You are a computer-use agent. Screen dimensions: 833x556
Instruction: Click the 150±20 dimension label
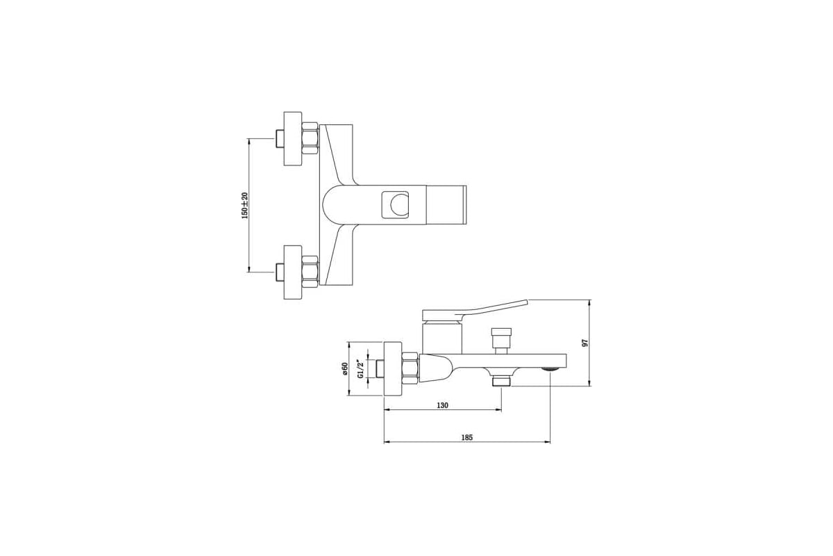tap(244, 206)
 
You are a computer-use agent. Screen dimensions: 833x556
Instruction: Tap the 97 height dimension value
tap(584, 343)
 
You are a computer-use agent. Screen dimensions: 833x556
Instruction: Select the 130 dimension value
tap(443, 405)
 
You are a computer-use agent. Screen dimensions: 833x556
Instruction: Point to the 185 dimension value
tap(466, 438)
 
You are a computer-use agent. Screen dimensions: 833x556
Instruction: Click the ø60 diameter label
tap(344, 368)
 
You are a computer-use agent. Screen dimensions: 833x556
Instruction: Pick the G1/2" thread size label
tap(360, 369)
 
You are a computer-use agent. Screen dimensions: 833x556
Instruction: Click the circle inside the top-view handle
tap(399, 206)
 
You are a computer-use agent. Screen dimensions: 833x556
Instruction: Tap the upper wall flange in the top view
tap(293, 138)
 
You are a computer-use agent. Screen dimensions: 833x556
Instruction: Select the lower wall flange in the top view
tap(293, 272)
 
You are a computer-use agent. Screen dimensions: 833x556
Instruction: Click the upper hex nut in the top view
tap(310, 138)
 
